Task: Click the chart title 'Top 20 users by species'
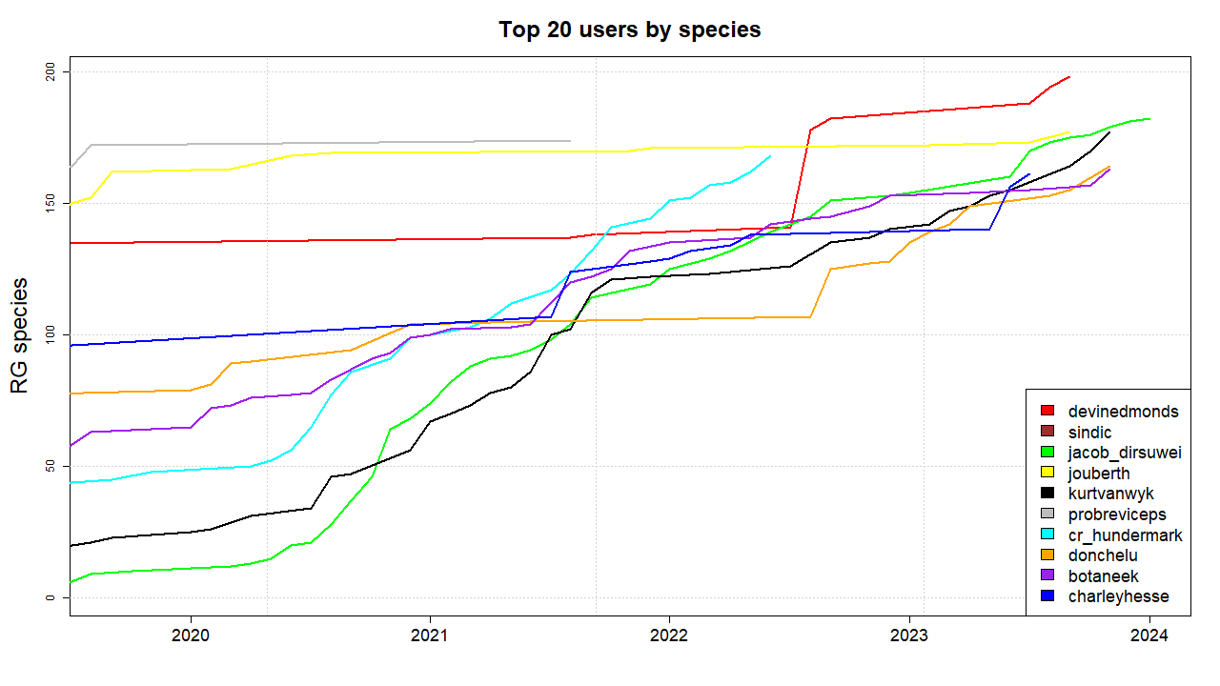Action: [x=629, y=30]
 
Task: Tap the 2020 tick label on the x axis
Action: [x=190, y=636]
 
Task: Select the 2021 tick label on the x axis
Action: [x=430, y=636]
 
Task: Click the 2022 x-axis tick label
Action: [x=669, y=636]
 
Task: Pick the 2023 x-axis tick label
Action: [x=909, y=636]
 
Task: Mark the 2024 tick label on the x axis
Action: [x=1149, y=636]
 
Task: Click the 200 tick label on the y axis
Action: [x=52, y=72]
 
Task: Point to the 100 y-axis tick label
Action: [x=52, y=335]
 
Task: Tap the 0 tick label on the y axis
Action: [x=52, y=598]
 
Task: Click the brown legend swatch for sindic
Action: [x=1047, y=433]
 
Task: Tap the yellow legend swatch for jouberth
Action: [x=1047, y=474]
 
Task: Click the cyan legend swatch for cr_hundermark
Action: [x=1047, y=535]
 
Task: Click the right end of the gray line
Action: [x=570, y=141]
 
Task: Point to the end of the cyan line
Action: [x=770, y=156]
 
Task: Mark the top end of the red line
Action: [x=1069, y=77]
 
